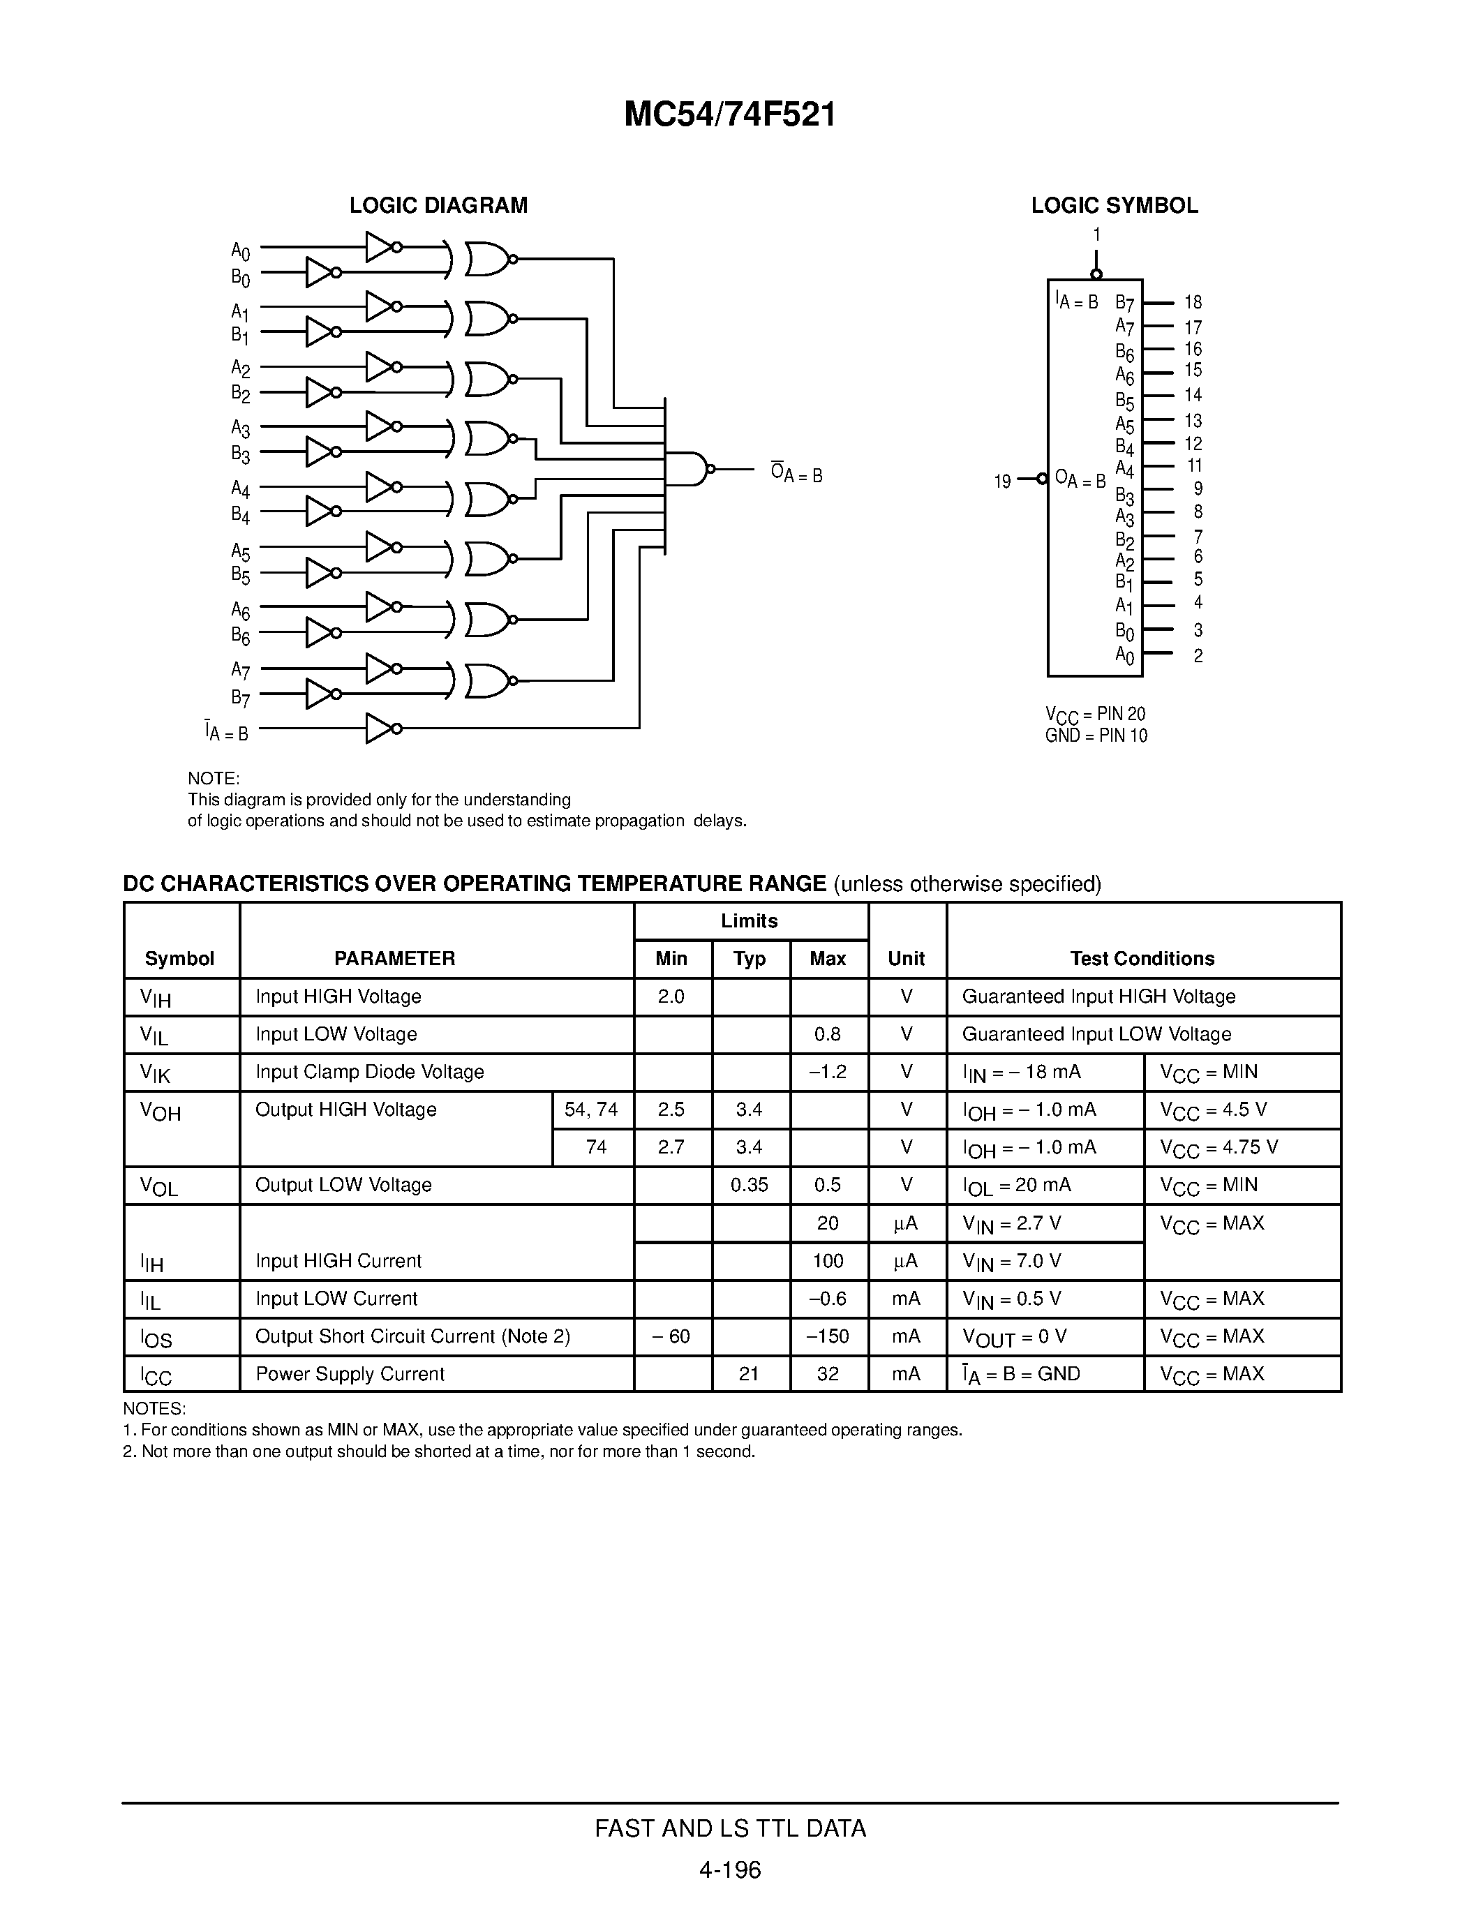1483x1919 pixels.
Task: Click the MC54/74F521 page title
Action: tap(729, 115)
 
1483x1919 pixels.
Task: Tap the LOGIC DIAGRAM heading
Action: tap(438, 206)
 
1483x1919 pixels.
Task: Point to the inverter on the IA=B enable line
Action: tap(380, 729)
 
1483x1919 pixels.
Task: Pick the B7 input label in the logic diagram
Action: tap(241, 699)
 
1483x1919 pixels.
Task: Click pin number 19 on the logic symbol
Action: tap(1002, 481)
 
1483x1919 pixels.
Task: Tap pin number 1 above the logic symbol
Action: tap(1096, 234)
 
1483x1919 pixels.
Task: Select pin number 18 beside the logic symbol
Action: tap(1192, 302)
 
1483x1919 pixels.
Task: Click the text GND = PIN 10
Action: tap(1096, 736)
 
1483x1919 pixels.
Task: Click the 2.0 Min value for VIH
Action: tap(671, 996)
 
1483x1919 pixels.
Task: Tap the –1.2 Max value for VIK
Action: tap(828, 1072)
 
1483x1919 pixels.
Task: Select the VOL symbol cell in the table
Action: tap(160, 1186)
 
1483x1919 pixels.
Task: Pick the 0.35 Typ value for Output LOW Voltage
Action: tap(750, 1186)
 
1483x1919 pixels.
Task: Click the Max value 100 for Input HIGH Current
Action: tap(828, 1261)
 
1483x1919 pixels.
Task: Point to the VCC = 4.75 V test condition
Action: tap(1219, 1147)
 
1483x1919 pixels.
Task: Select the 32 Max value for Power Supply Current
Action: tap(828, 1374)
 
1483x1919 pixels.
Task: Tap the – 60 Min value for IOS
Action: tap(671, 1336)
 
